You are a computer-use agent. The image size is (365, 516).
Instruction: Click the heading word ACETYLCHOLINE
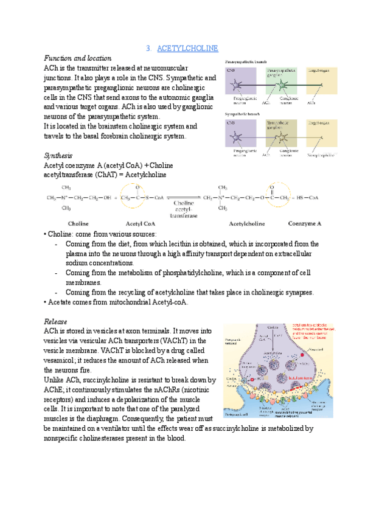(x=187, y=48)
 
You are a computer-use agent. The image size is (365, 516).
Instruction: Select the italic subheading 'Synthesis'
(x=58, y=155)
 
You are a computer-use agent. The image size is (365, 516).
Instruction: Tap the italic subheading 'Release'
(x=55, y=321)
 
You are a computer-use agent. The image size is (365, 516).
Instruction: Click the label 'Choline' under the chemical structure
(x=78, y=223)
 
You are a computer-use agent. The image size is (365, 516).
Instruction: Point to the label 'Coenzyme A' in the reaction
(x=305, y=223)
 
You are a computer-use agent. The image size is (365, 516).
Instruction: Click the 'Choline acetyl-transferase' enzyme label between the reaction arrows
(x=184, y=209)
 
